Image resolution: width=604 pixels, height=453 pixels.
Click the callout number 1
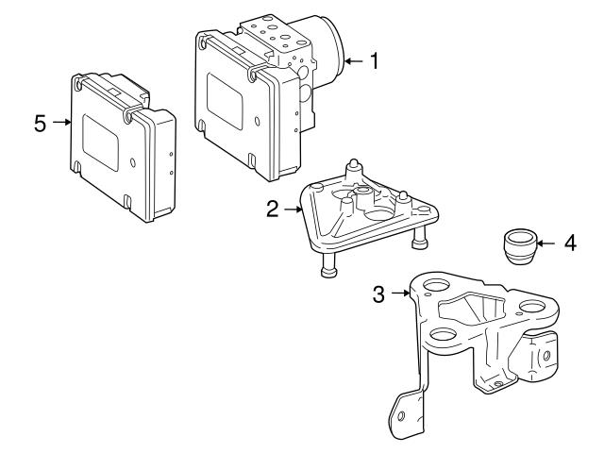point(375,61)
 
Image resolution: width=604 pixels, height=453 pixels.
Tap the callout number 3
point(378,294)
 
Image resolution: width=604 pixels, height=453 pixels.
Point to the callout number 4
point(569,243)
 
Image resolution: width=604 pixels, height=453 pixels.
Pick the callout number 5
point(40,122)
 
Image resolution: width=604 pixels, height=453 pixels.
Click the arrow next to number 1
point(354,61)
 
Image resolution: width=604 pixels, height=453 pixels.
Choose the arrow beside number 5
point(60,122)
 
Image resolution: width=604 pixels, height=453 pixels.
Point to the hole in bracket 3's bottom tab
point(401,416)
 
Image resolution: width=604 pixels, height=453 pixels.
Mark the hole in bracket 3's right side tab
point(545,356)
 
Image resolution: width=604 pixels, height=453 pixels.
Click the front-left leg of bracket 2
point(328,271)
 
